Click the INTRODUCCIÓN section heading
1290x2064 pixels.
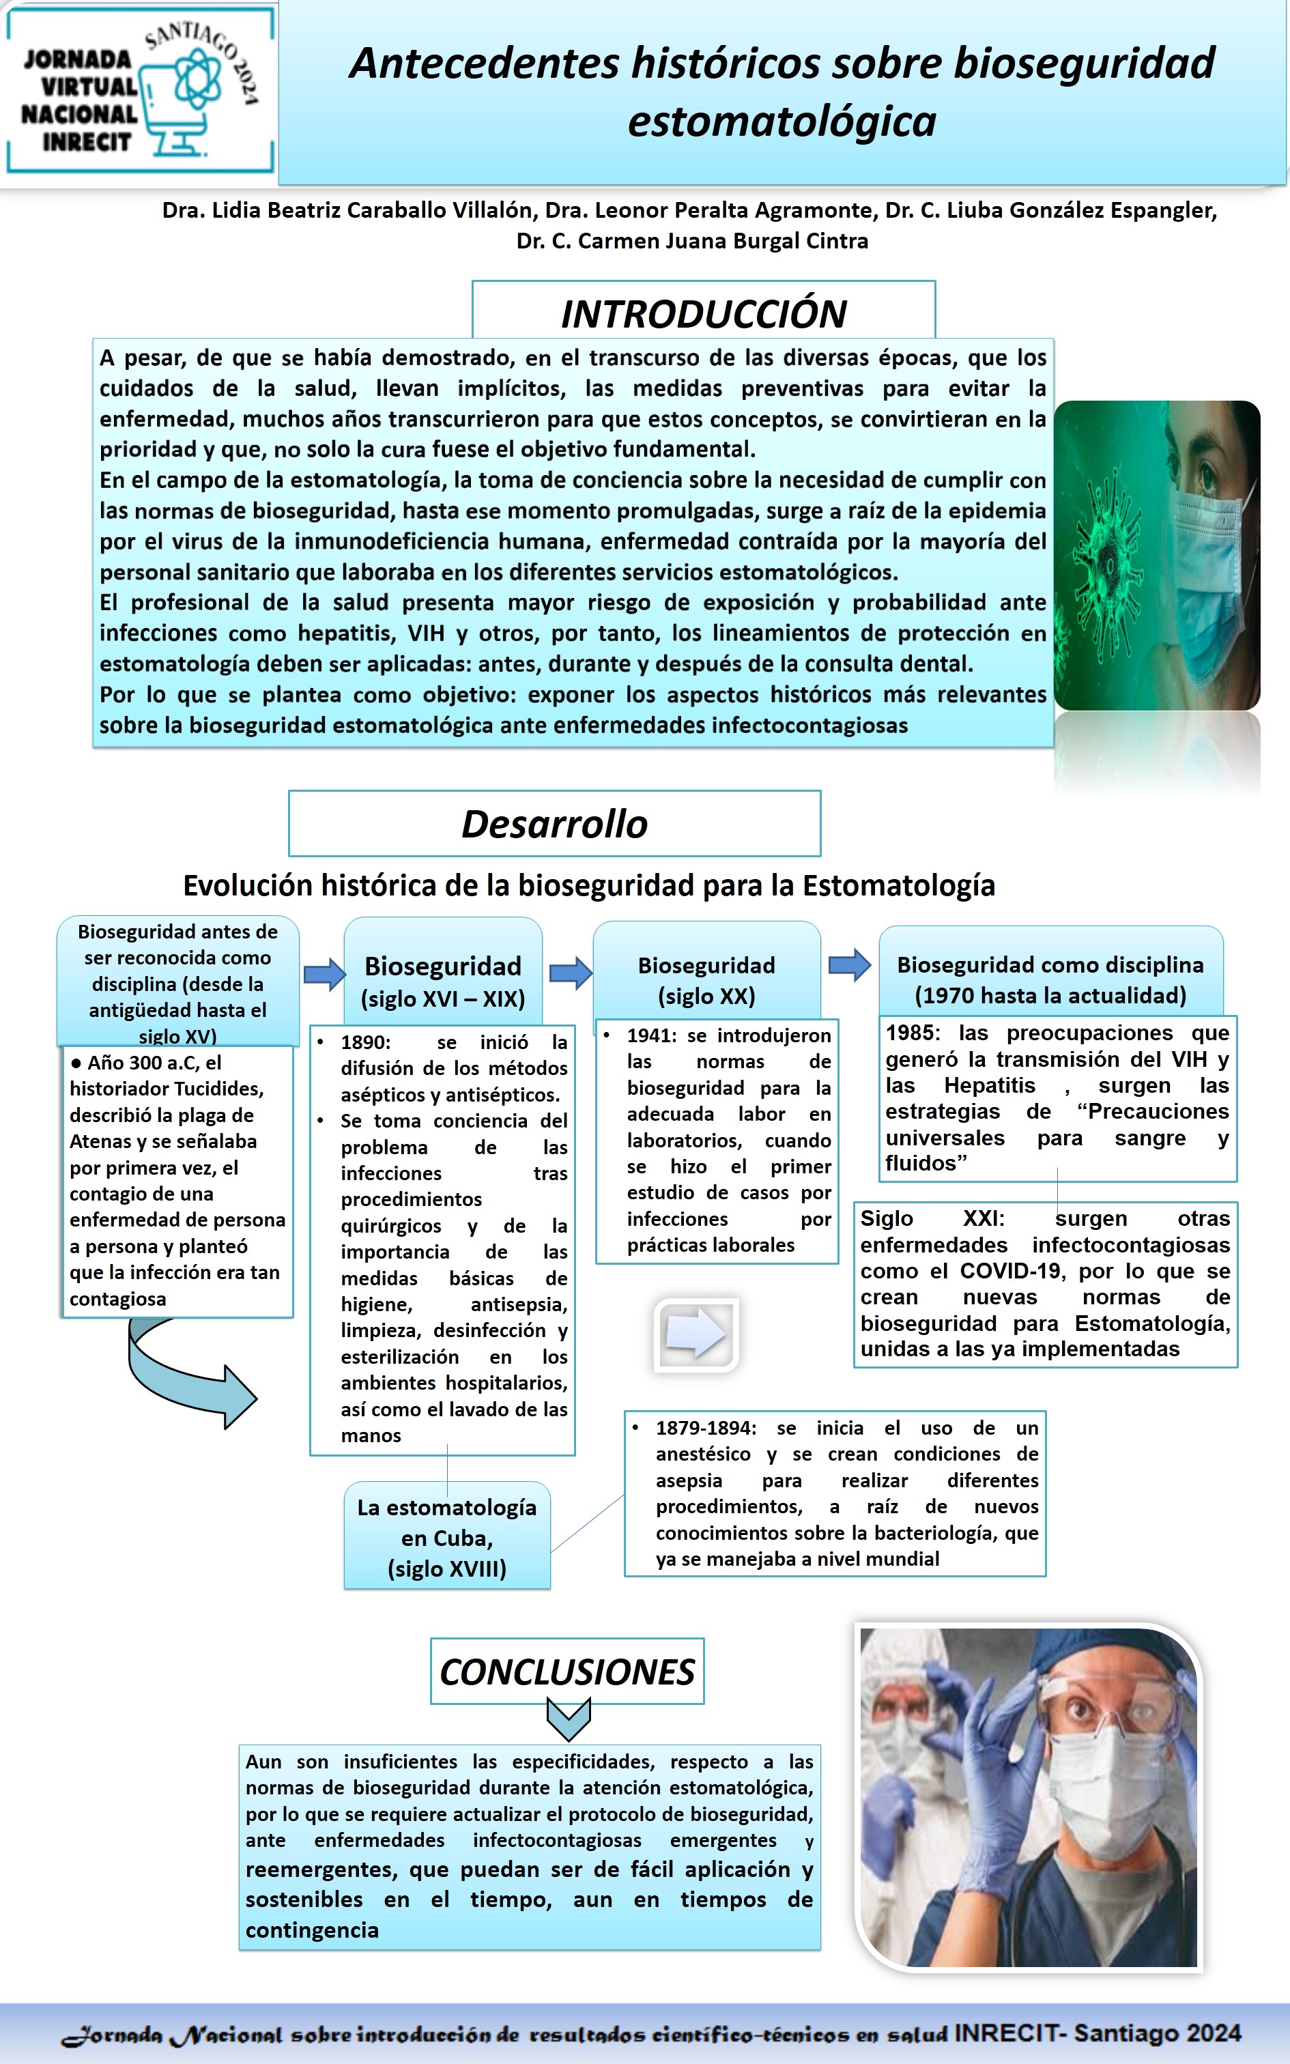(x=704, y=313)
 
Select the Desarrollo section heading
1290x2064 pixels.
(x=554, y=824)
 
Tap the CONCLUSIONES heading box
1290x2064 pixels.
(x=567, y=1672)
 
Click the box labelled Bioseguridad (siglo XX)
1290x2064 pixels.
(x=706, y=980)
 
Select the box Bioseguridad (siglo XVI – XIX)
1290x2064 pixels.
(x=443, y=981)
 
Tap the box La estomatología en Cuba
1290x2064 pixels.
(x=447, y=1538)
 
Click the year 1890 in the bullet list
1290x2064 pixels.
(x=365, y=1042)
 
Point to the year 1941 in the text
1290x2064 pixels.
(x=653, y=1035)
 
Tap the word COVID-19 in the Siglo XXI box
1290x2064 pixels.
(x=1012, y=1271)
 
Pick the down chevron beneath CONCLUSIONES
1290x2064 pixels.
(x=568, y=1719)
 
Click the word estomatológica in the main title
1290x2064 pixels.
(x=782, y=121)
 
